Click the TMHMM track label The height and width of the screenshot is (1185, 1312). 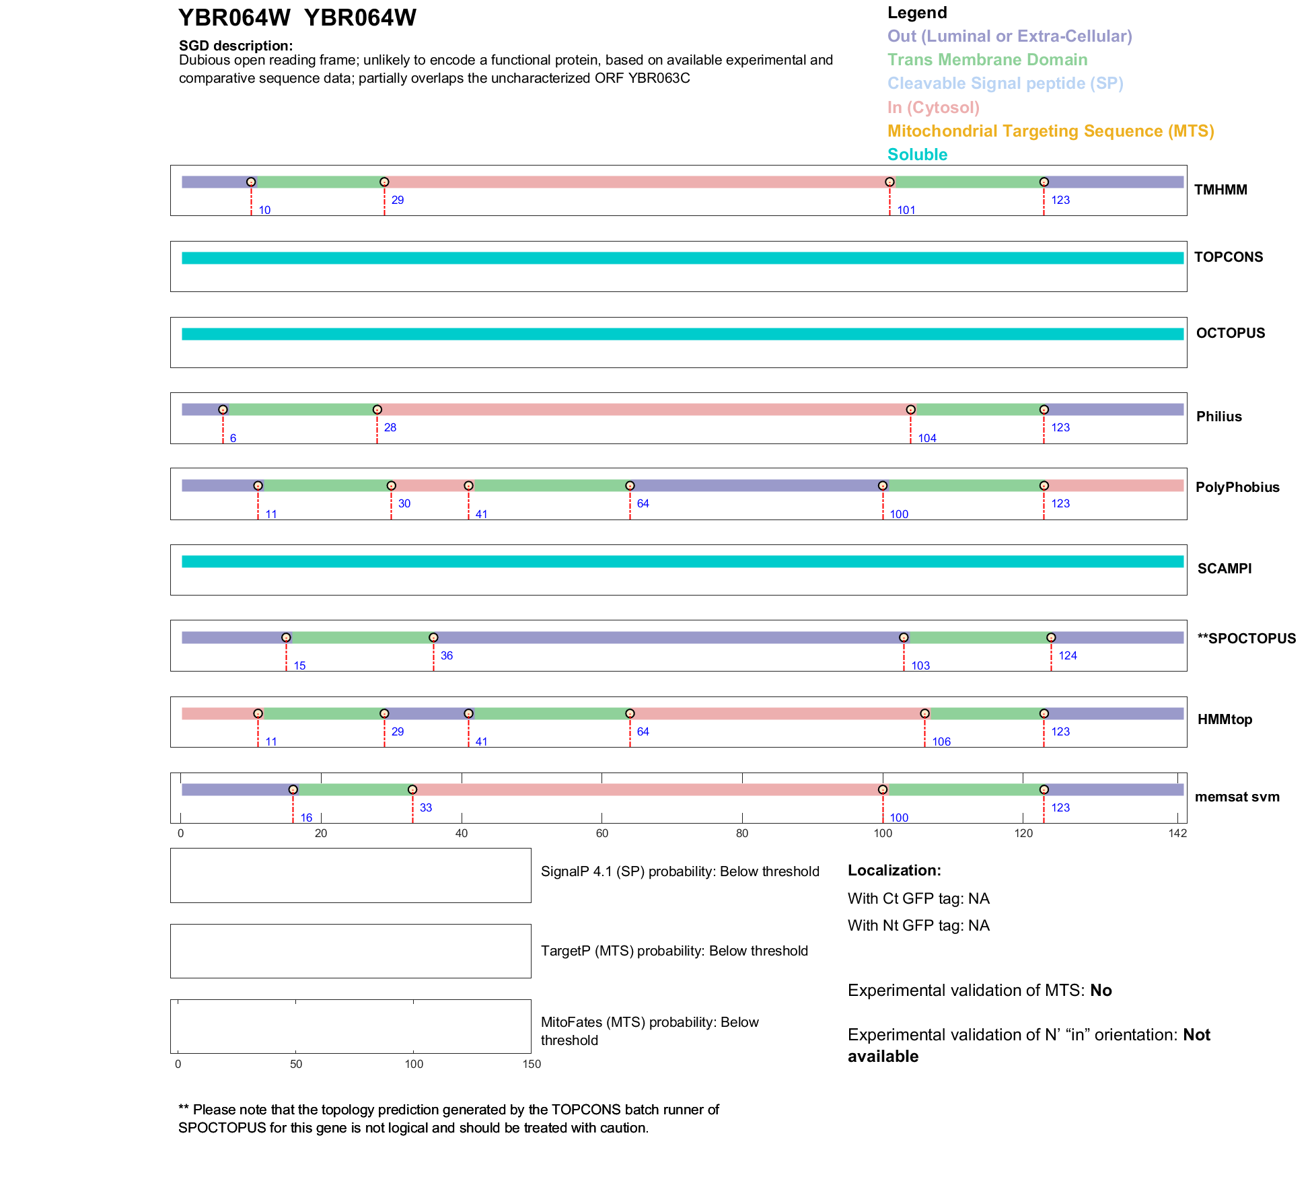[1220, 190]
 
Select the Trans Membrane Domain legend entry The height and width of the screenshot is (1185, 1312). [987, 60]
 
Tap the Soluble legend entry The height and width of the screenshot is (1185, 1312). [917, 155]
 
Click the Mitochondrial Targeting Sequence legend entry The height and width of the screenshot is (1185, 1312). [1050, 131]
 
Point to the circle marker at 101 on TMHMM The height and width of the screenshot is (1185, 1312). [889, 182]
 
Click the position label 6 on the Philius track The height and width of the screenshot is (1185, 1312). [233, 438]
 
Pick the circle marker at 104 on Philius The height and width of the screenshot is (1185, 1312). [910, 409]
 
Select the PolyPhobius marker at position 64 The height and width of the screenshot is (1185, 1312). [630, 485]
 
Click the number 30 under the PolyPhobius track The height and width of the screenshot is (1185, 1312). [404, 503]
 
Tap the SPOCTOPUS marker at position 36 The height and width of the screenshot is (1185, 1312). [433, 637]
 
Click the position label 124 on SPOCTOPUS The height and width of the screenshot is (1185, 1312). [1067, 655]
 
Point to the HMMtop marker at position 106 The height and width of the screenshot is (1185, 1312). [924, 713]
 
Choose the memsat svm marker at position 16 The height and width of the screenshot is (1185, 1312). [293, 789]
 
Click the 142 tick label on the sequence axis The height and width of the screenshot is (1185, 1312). [1177, 833]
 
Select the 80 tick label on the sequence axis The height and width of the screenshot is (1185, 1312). [742, 833]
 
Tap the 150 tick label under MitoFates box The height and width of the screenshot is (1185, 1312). [532, 1064]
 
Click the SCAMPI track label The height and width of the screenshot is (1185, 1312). [1224, 569]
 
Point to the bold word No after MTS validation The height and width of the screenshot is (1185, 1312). [1101, 991]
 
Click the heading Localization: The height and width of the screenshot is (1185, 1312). [894, 870]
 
